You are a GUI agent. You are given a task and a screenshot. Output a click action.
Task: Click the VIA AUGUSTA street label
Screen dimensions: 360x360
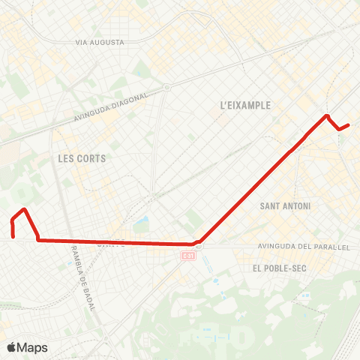(99, 43)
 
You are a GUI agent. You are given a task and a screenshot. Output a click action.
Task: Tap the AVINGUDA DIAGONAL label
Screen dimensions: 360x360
(119, 106)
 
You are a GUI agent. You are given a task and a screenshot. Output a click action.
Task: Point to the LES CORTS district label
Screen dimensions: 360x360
(82, 158)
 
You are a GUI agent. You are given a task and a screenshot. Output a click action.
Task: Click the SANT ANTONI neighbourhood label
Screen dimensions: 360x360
(285, 205)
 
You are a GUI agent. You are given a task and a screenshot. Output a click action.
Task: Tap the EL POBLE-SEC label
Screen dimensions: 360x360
(277, 267)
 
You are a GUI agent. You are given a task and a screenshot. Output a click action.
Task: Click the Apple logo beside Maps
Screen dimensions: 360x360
(11, 347)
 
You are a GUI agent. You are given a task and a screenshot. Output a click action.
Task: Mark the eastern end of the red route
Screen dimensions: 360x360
(349, 124)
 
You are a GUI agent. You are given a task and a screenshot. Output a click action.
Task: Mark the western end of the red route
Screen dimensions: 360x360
(13, 237)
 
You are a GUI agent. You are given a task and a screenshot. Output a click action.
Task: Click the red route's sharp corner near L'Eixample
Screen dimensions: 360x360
(327, 115)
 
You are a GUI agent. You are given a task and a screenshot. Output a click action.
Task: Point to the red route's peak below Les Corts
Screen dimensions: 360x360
(25, 209)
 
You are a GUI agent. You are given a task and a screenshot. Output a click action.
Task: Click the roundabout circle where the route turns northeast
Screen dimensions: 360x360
(198, 244)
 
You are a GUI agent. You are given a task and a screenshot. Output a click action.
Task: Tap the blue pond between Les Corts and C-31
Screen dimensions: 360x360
(143, 222)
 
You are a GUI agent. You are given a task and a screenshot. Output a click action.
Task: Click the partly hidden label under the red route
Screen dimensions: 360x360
(112, 243)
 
